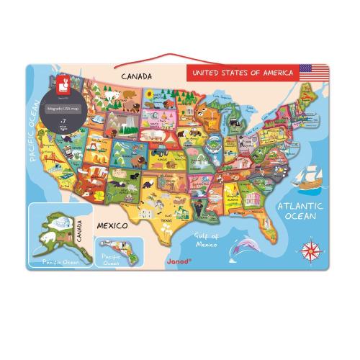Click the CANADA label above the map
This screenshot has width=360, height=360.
[135, 75]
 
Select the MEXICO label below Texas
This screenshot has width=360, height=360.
[113, 225]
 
